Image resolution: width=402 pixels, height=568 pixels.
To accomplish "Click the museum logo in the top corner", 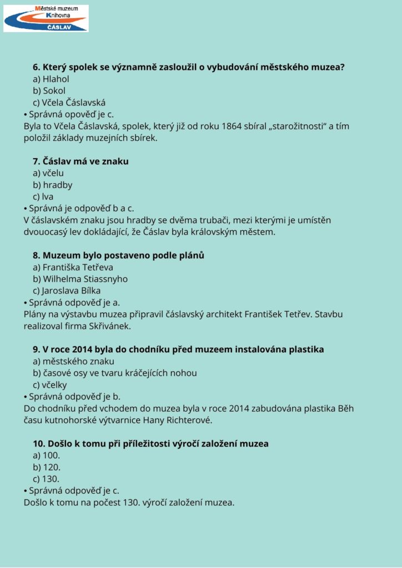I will coord(46,18).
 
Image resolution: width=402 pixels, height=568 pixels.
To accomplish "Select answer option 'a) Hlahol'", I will coord(51,79).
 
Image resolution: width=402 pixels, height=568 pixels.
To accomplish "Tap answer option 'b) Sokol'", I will coord(49,90).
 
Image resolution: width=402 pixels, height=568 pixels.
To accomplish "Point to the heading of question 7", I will coord(81,161).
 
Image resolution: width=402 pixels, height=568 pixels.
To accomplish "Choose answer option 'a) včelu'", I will coord(48,173).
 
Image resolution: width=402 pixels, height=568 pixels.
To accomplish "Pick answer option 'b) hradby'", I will coord(53,185).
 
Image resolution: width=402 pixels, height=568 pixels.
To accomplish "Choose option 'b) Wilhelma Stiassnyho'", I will coord(81,279).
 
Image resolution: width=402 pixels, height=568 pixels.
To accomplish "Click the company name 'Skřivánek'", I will coord(108,326).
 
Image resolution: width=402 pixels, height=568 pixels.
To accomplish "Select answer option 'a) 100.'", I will coord(47,455).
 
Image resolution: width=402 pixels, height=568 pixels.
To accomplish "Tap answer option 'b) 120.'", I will coord(47,467).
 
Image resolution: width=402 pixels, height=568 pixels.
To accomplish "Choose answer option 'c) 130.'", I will coord(46,479).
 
